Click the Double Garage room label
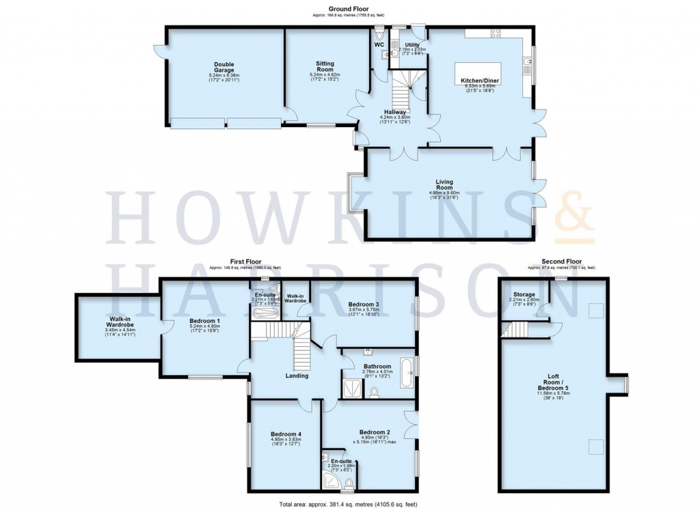(x=224, y=66)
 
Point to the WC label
(x=380, y=45)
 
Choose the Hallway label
(x=394, y=112)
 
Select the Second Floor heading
(x=561, y=261)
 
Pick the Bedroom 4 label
(x=286, y=434)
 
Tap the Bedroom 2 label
(x=373, y=432)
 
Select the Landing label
(x=297, y=376)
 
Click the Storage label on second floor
(x=524, y=294)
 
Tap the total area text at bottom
(x=349, y=503)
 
